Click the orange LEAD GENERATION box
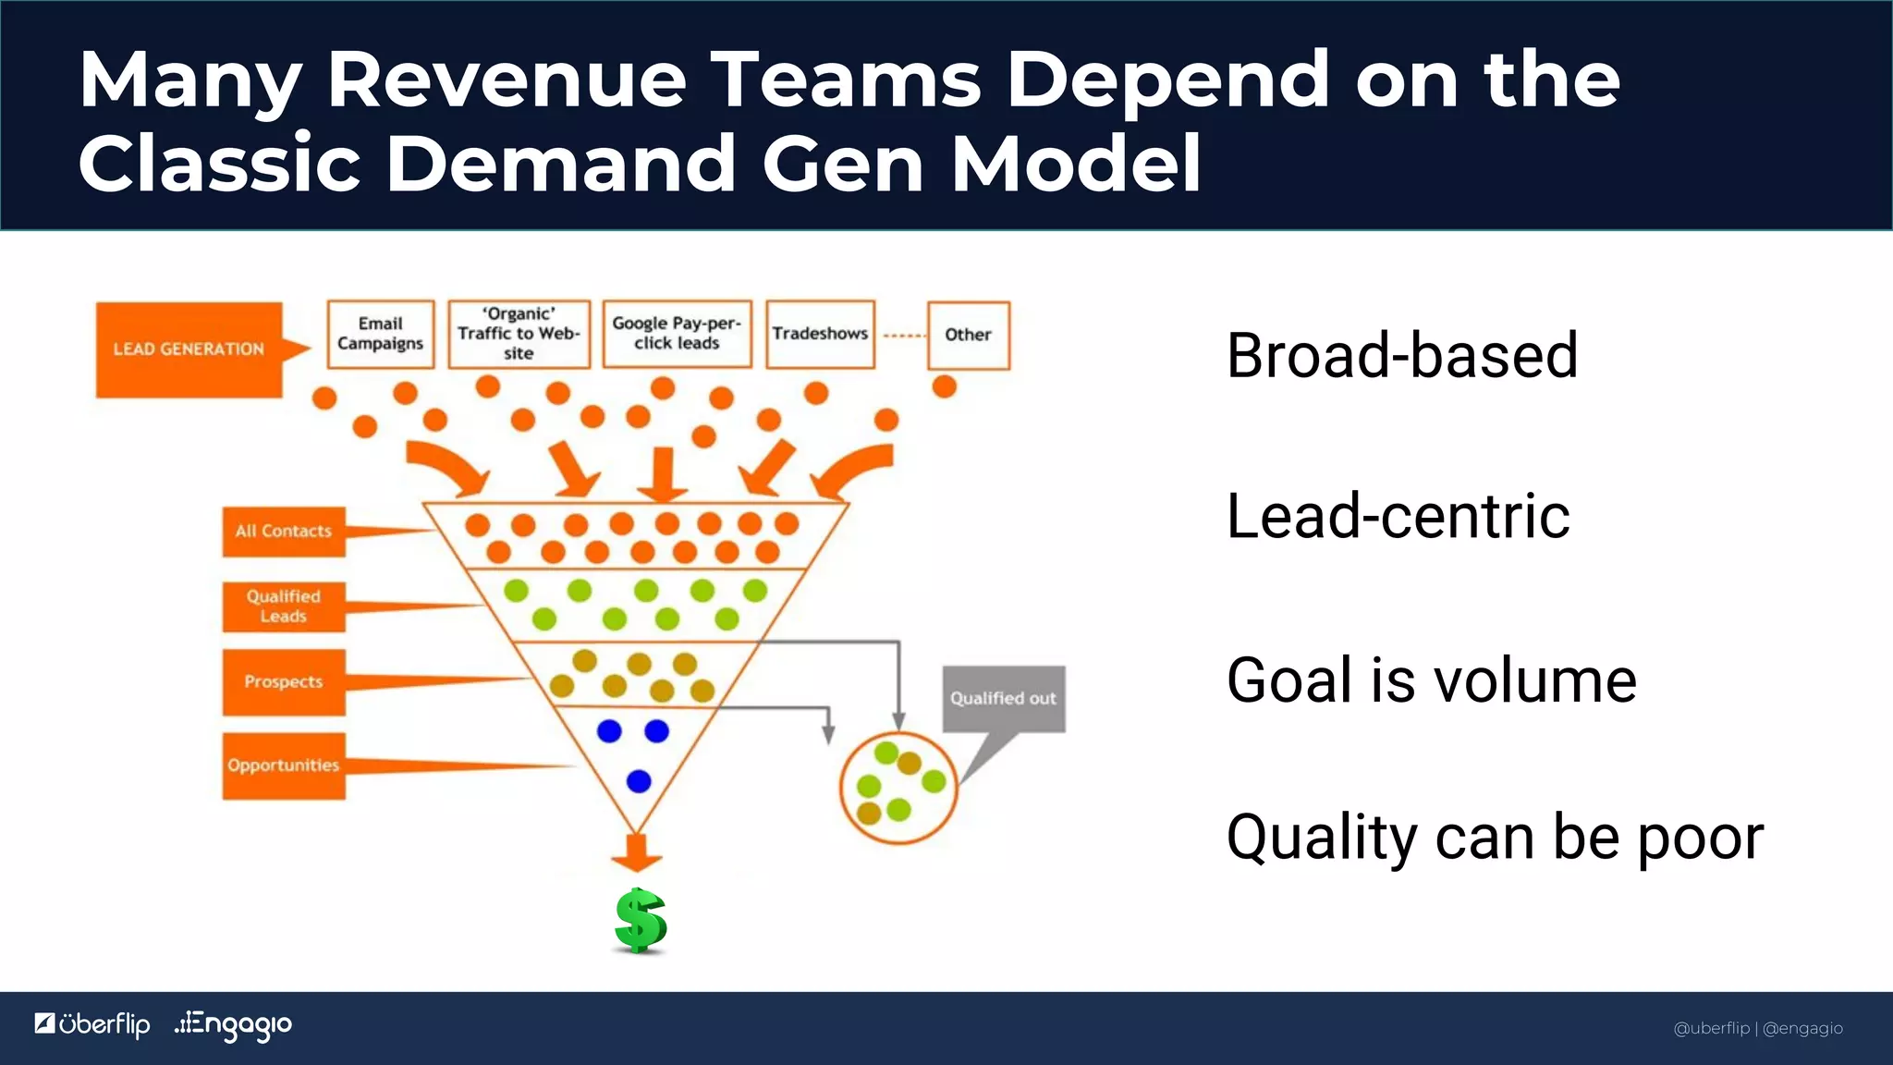click(189, 349)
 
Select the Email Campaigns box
click(380, 334)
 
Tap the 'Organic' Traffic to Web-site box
click(519, 334)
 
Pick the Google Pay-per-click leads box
click(677, 334)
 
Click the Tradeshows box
click(820, 334)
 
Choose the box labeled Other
click(968, 335)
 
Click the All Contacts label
click(284, 532)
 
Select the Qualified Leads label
click(284, 606)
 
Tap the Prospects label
click(284, 682)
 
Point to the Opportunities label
click(284, 765)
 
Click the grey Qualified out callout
click(1003, 699)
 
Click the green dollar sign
click(640, 921)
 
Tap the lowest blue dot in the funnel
click(639, 781)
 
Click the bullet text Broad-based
click(1401, 356)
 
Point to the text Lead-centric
click(1398, 516)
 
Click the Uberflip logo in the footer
click(92, 1024)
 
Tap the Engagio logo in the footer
click(234, 1024)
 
